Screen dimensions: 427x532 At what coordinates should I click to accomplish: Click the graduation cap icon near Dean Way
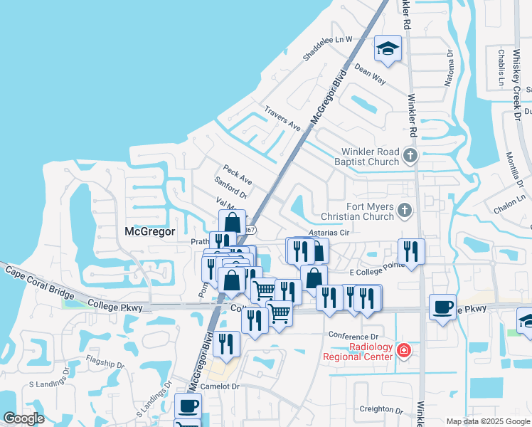pos(388,49)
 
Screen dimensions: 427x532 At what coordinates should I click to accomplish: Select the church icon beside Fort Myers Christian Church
pos(404,209)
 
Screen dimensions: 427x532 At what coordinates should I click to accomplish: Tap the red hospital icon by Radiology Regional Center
pos(404,350)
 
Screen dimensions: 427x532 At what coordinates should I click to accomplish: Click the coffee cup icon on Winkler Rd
pos(443,307)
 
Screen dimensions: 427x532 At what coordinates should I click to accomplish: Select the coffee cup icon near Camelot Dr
pos(188,406)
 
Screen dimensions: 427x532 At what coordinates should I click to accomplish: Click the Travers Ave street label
pos(282,118)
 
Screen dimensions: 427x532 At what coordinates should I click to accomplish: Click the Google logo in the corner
pos(23,418)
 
